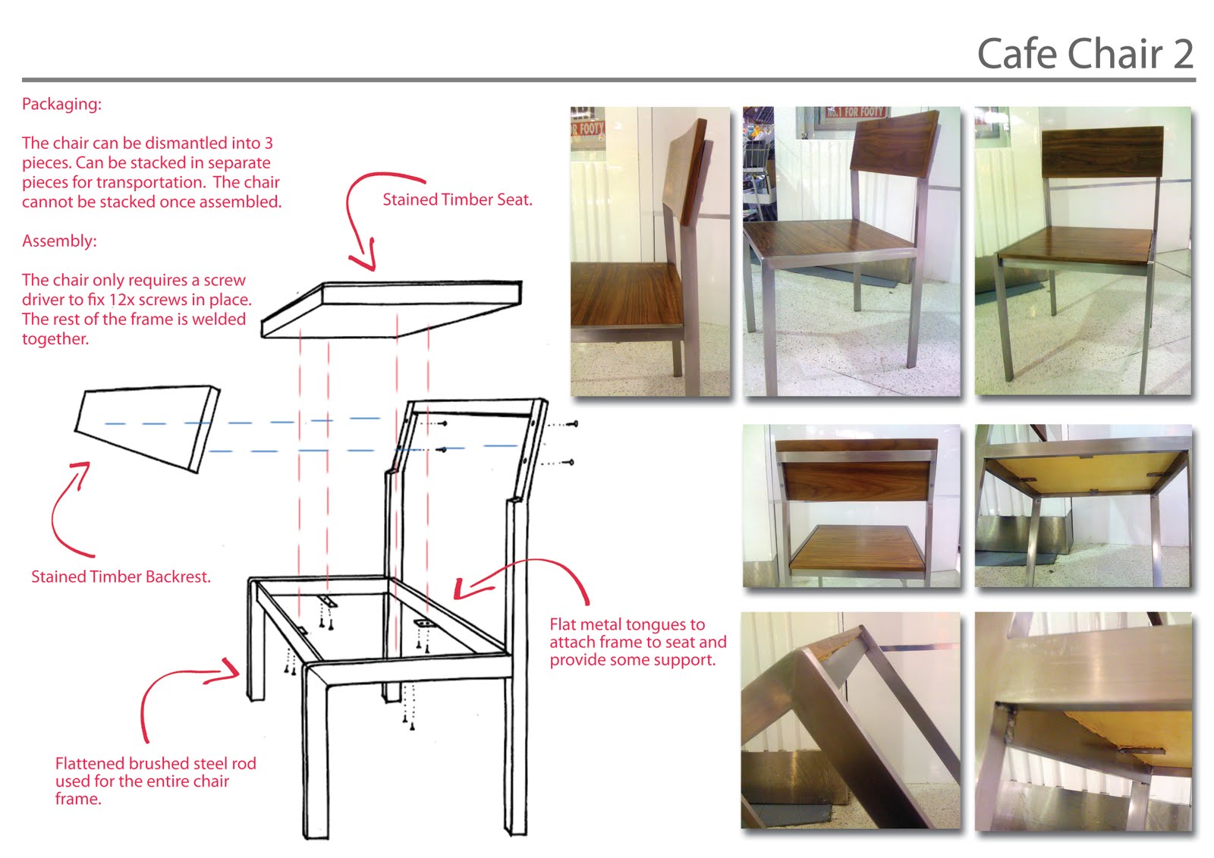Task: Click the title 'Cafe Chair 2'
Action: tap(1085, 55)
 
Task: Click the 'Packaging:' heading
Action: tap(61, 104)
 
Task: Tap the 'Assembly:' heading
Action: tap(59, 241)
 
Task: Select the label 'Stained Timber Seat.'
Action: tap(457, 200)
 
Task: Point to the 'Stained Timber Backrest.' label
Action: tap(121, 577)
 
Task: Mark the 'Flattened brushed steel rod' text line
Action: tap(156, 763)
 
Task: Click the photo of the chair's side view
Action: tap(650, 251)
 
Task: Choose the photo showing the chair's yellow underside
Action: tap(1083, 505)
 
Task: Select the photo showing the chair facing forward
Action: tap(1083, 251)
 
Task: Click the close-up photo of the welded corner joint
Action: tap(1083, 721)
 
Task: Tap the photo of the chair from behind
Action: tap(851, 505)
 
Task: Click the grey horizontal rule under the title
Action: tap(607, 79)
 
